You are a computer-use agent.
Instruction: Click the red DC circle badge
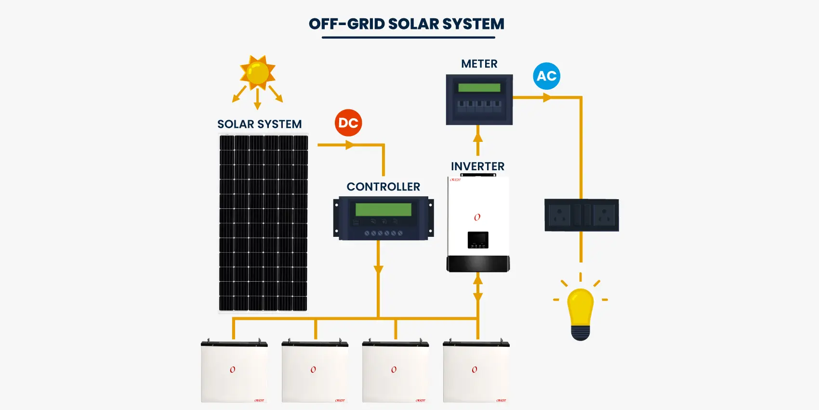pyautogui.click(x=348, y=123)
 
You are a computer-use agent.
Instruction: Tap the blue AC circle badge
pyautogui.click(x=546, y=76)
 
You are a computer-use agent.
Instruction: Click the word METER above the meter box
pyautogui.click(x=479, y=64)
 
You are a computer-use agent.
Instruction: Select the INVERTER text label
pyautogui.click(x=477, y=166)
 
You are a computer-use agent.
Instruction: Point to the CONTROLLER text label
pyautogui.click(x=383, y=187)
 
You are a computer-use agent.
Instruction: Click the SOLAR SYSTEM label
pyautogui.click(x=259, y=124)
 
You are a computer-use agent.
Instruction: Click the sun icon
pyautogui.click(x=258, y=72)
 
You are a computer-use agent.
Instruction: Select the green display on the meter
pyautogui.click(x=479, y=88)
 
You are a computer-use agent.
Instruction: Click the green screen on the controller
pyautogui.click(x=383, y=209)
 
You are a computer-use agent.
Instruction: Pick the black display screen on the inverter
pyautogui.click(x=478, y=240)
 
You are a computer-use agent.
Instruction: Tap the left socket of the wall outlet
pyautogui.click(x=559, y=215)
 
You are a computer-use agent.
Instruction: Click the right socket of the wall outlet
pyautogui.click(x=604, y=215)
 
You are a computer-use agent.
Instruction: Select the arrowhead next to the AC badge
pyautogui.click(x=547, y=97)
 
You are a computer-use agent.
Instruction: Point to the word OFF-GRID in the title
pyautogui.click(x=346, y=24)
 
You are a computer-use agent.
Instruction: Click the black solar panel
pyautogui.click(x=263, y=223)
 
